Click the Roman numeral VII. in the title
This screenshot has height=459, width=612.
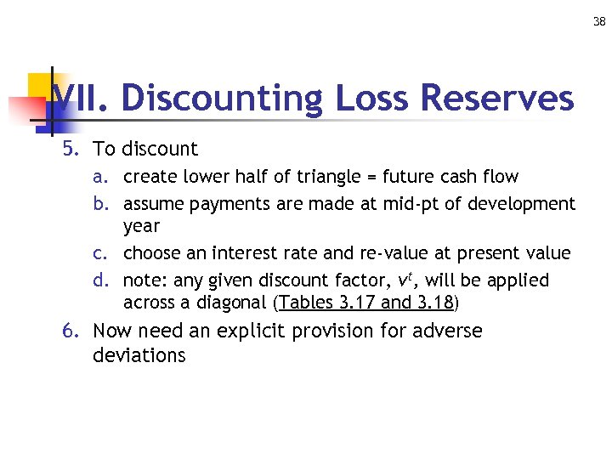[81, 99]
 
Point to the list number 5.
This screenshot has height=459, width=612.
[70, 150]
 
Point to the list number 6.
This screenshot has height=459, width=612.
[70, 331]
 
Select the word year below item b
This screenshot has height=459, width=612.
[141, 227]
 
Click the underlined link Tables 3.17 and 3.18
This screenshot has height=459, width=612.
[366, 303]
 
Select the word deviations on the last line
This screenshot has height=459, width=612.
[139, 355]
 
